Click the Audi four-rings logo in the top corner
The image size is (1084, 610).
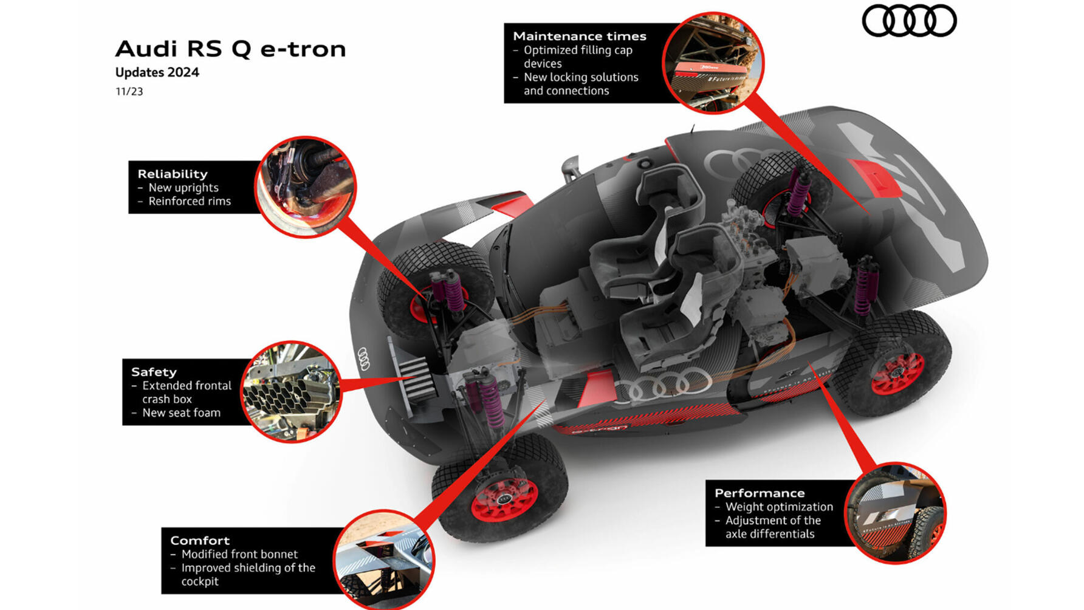tap(909, 21)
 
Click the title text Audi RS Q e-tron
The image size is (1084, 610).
tap(230, 49)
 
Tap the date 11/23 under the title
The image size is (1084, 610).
tap(129, 92)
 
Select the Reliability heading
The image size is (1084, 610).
tap(173, 174)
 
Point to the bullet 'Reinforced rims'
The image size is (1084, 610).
tap(190, 201)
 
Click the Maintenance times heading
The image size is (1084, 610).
tap(579, 36)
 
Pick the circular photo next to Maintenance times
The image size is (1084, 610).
tap(713, 63)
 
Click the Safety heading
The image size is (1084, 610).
tap(154, 372)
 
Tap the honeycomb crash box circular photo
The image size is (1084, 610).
tap(291, 392)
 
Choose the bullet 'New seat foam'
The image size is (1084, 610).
tap(181, 413)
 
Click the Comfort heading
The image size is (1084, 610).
tap(200, 540)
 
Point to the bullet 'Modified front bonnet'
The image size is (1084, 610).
tap(239, 554)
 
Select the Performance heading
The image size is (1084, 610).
tap(760, 493)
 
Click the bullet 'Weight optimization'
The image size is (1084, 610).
tap(779, 507)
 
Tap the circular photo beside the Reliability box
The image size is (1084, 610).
tap(305, 187)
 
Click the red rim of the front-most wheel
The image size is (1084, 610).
tap(504, 499)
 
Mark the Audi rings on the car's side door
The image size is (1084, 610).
tap(662, 383)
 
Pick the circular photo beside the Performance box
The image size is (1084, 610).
tap(895, 513)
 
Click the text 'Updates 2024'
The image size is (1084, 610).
tap(157, 72)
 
